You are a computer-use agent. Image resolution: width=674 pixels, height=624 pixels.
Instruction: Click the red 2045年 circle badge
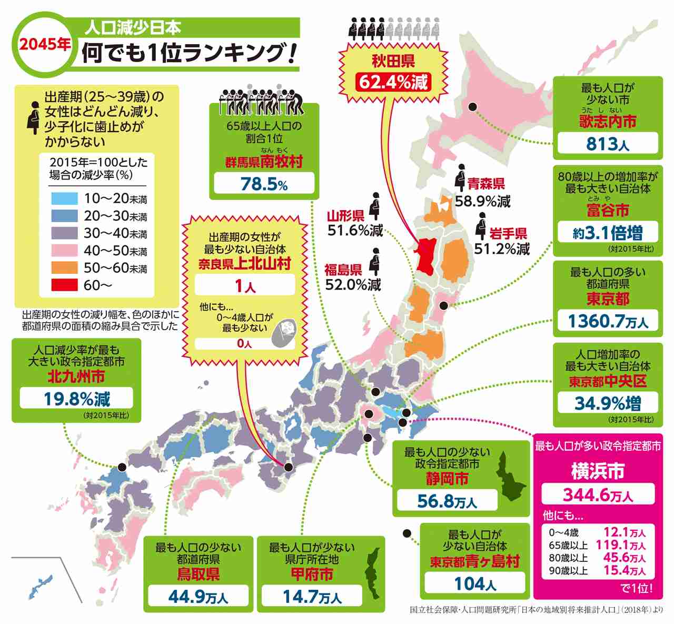(x=45, y=45)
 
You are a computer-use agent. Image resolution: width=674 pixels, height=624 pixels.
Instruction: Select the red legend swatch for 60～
(x=64, y=285)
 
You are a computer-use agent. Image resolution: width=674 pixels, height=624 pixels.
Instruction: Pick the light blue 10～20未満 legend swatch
(x=64, y=199)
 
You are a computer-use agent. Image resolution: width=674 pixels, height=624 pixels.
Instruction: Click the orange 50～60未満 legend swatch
(x=64, y=268)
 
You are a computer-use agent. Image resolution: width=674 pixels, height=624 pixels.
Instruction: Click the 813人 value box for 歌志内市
(x=607, y=143)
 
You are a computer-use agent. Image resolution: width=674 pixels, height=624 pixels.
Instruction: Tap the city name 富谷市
(x=608, y=210)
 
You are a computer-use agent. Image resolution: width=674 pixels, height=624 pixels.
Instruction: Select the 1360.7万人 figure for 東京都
(x=608, y=321)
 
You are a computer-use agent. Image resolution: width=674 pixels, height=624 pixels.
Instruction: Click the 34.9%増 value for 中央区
(x=608, y=403)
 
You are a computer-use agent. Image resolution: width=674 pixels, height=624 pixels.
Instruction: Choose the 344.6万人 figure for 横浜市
(x=598, y=494)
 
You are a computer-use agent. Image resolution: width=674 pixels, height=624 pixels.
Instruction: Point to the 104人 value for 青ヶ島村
(x=475, y=583)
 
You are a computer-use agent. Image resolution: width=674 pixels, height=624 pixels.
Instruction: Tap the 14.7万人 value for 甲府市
(x=312, y=597)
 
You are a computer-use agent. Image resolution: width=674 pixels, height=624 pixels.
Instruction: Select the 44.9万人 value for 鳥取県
(x=198, y=597)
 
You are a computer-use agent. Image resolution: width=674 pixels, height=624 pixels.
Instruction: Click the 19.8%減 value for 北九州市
(x=77, y=399)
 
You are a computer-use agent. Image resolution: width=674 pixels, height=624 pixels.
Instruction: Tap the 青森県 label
(x=486, y=184)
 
